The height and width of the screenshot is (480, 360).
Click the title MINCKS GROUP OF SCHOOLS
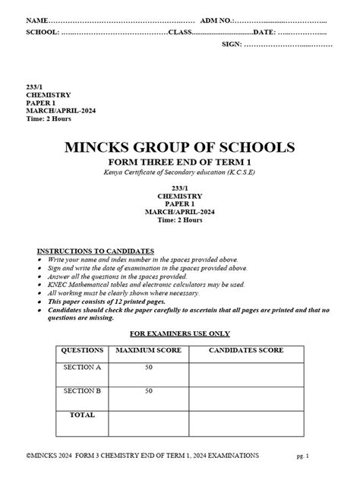click(x=180, y=147)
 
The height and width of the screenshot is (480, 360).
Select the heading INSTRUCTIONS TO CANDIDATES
click(x=96, y=251)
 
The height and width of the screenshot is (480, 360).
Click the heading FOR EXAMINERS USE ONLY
click(x=179, y=333)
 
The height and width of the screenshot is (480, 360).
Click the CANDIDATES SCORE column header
click(x=246, y=351)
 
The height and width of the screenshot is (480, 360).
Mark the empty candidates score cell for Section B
click(x=246, y=396)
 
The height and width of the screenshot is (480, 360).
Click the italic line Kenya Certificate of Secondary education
click(x=180, y=174)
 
